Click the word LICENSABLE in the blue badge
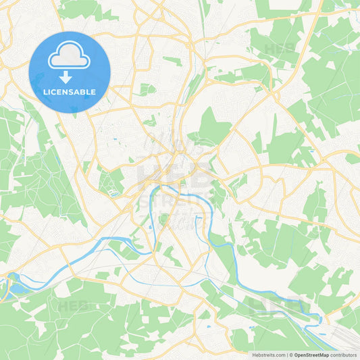[69, 91]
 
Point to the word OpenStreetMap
[311, 355]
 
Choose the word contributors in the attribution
[343, 355]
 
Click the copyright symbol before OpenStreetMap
[291, 355]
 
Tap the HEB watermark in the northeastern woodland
[278, 49]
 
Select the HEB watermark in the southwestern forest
[73, 306]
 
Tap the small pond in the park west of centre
[115, 140]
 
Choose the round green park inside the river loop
[163, 218]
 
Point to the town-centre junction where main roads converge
[177, 160]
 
